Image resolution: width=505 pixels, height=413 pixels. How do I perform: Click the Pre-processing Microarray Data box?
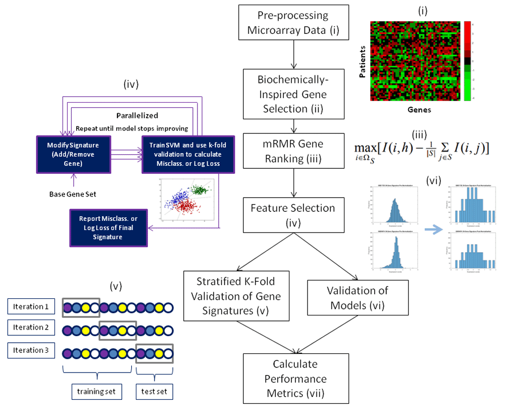293,23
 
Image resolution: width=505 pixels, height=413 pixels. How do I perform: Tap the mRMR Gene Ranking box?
293,151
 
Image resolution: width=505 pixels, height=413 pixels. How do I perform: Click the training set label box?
95,391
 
